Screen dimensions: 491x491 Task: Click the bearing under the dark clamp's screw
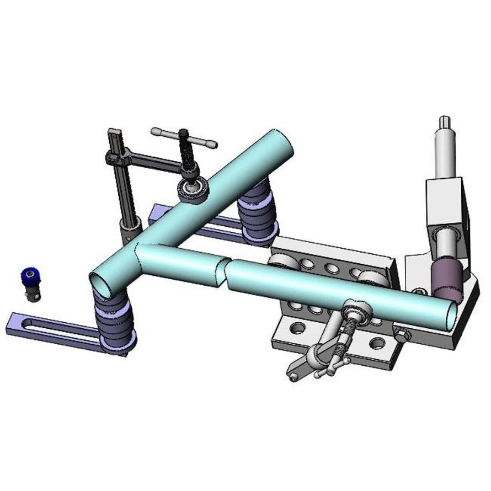click(x=193, y=189)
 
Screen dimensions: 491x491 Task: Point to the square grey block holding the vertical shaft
click(x=444, y=204)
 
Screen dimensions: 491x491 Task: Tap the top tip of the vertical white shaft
click(x=445, y=120)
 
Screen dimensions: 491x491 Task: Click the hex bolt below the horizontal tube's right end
click(x=402, y=334)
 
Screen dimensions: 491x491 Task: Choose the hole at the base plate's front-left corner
click(x=297, y=329)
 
